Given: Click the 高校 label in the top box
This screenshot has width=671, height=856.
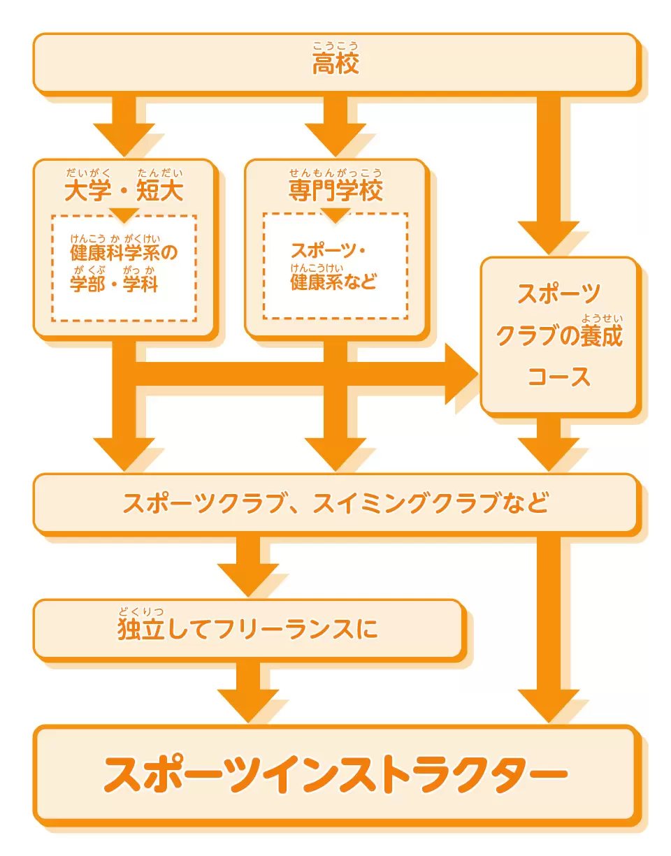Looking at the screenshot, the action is click(x=335, y=64).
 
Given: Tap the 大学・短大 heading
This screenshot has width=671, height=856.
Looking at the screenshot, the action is click(x=124, y=191).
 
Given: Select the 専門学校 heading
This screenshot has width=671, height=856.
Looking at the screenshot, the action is click(x=335, y=191).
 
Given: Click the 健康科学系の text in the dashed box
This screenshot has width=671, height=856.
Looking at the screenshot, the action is click(x=124, y=252).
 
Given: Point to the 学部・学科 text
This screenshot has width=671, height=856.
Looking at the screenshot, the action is click(x=114, y=284).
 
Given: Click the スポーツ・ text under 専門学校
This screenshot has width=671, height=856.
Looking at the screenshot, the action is click(x=329, y=251).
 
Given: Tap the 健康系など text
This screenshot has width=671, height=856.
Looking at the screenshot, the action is click(x=333, y=282).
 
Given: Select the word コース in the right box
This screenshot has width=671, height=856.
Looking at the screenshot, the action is click(x=558, y=377).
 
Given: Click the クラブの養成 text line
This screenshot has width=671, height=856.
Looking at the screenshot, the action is click(x=559, y=335).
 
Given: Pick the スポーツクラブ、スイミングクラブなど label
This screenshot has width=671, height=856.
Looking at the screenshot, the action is click(x=335, y=502).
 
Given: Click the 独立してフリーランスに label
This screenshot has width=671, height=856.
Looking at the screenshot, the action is click(x=247, y=629).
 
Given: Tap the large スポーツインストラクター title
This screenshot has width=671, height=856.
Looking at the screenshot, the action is click(x=335, y=774).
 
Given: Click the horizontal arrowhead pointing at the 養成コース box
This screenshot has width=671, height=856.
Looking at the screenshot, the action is click(x=462, y=374).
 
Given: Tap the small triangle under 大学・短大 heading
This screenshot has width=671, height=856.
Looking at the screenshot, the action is click(x=124, y=215).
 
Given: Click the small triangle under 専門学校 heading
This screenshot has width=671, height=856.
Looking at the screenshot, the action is click(x=335, y=215).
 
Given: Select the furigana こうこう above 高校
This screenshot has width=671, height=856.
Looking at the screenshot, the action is click(x=335, y=46).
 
